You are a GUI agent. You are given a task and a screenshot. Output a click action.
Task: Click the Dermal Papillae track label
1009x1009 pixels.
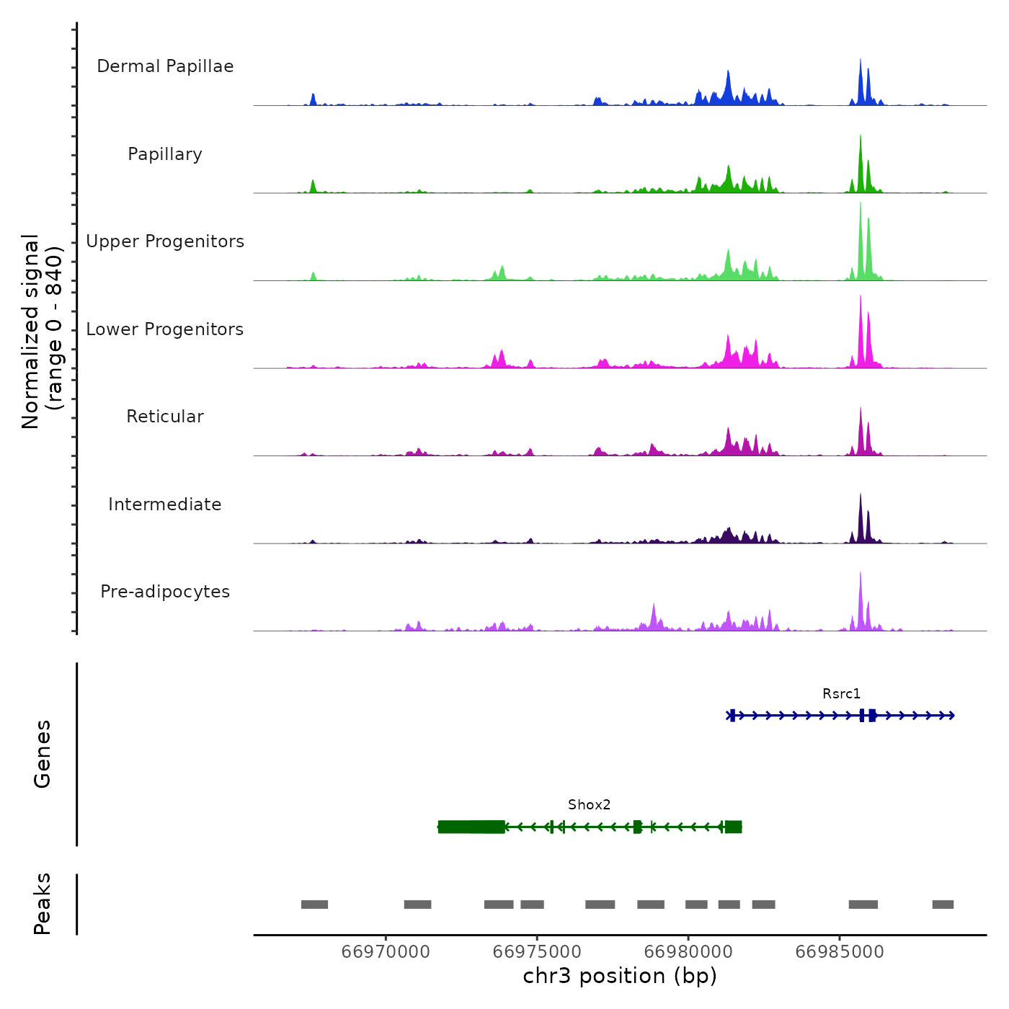pyautogui.click(x=165, y=66)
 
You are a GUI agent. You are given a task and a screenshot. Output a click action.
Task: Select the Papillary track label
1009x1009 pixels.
pyautogui.click(x=165, y=154)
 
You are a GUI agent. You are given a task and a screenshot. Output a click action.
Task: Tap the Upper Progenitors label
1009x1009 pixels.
pyautogui.click(x=165, y=241)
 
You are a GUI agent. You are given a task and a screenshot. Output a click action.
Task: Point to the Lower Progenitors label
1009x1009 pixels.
pyautogui.click(x=165, y=329)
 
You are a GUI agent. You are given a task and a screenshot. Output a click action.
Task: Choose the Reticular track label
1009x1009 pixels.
pyautogui.click(x=165, y=417)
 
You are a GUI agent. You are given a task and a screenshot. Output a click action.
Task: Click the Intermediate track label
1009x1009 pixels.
pyautogui.click(x=165, y=504)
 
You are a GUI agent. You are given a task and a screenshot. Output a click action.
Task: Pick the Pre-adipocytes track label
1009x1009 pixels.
pyautogui.click(x=165, y=592)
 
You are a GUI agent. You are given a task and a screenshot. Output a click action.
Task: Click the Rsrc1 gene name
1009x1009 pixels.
pyautogui.click(x=841, y=694)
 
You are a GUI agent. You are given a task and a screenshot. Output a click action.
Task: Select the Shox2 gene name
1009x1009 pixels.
pyautogui.click(x=589, y=805)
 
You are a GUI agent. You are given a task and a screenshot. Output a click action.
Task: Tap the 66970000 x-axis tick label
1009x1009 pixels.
pyautogui.click(x=386, y=952)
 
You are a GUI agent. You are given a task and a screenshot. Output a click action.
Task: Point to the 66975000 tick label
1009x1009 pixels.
pyautogui.click(x=537, y=952)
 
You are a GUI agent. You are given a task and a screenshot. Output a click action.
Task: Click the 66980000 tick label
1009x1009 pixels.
pyautogui.click(x=688, y=952)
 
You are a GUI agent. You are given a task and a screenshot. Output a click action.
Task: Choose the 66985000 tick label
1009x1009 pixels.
pyautogui.click(x=840, y=952)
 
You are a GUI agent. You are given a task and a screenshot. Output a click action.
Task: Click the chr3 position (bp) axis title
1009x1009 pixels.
pyautogui.click(x=620, y=977)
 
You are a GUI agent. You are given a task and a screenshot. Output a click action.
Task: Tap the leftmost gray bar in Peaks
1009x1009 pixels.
pyautogui.click(x=314, y=904)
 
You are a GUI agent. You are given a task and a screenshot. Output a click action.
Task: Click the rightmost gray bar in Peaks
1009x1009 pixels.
pyautogui.click(x=943, y=904)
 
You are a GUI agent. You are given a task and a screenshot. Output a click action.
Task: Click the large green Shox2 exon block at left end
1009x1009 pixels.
pyautogui.click(x=471, y=827)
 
